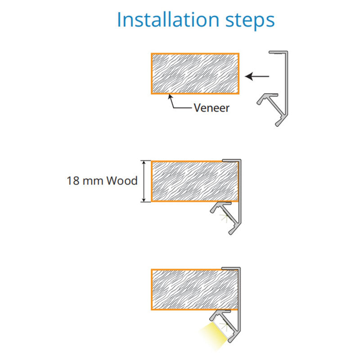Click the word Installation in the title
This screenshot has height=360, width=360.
point(168,20)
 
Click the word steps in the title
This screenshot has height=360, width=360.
point(250,21)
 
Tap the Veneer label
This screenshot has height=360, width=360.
point(211,108)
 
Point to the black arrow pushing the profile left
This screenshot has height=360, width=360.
point(257,76)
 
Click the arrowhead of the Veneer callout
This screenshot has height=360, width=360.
point(170,96)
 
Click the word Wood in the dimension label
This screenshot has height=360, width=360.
point(122,181)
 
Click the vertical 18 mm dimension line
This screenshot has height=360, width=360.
point(144,181)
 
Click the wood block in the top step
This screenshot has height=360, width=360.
point(195,74)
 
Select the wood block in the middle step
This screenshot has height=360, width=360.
point(195,181)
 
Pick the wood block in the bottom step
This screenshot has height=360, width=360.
point(194,289)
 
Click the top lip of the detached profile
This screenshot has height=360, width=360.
point(278,53)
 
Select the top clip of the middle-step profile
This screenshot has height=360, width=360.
point(231,160)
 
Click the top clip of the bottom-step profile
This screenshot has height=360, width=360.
point(231,268)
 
